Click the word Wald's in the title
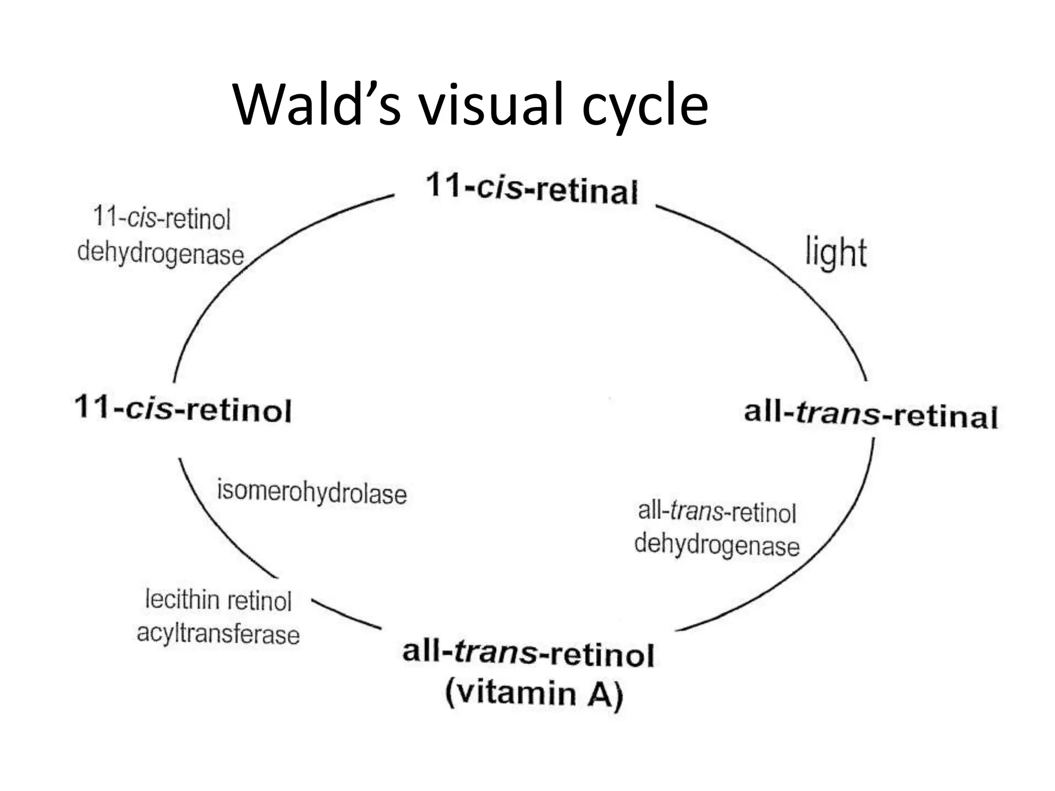coord(317,105)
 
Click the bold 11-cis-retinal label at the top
coord(532,188)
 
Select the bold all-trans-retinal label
coord(871,415)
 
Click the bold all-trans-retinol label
coord(528,653)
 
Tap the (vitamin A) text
coord(534,693)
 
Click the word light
coord(836,253)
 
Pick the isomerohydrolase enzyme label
coord(312,492)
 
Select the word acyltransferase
coord(218,634)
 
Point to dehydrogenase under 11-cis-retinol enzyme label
coord(160,253)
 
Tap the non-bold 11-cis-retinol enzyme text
coord(161,219)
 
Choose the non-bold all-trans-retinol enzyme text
coord(717,512)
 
